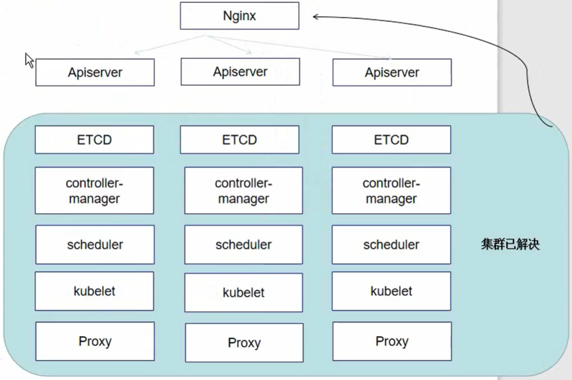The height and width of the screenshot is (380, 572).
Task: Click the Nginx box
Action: click(x=240, y=16)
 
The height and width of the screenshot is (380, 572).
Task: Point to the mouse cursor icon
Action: click(x=29, y=60)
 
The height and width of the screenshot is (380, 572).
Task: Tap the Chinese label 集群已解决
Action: click(x=510, y=244)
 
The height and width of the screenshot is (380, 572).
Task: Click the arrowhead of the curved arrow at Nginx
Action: click(x=315, y=17)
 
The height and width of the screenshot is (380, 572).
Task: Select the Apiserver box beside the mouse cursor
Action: click(x=95, y=72)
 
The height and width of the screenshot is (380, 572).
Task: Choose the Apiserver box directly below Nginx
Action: click(x=240, y=72)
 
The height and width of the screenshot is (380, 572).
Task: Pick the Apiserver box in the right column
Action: click(x=392, y=72)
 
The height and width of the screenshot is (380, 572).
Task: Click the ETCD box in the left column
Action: click(x=94, y=140)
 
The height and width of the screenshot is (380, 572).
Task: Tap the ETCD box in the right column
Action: click(x=391, y=140)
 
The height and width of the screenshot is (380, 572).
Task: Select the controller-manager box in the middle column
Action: click(x=243, y=190)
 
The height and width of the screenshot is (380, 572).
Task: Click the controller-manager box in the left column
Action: click(x=94, y=190)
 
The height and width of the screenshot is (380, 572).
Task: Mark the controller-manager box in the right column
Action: click(x=391, y=190)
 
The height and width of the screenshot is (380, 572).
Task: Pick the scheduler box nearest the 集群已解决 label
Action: click(x=391, y=244)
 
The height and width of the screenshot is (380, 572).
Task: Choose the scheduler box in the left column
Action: click(x=95, y=244)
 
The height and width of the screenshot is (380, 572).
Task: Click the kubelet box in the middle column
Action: click(x=243, y=292)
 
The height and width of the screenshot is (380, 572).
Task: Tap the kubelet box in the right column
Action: click(x=391, y=291)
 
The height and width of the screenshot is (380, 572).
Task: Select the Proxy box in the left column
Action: click(x=95, y=342)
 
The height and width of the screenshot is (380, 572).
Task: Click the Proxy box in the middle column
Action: click(x=244, y=342)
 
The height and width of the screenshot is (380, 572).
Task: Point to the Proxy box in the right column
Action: click(x=392, y=342)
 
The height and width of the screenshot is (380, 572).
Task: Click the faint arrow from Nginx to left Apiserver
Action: click(x=170, y=44)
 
